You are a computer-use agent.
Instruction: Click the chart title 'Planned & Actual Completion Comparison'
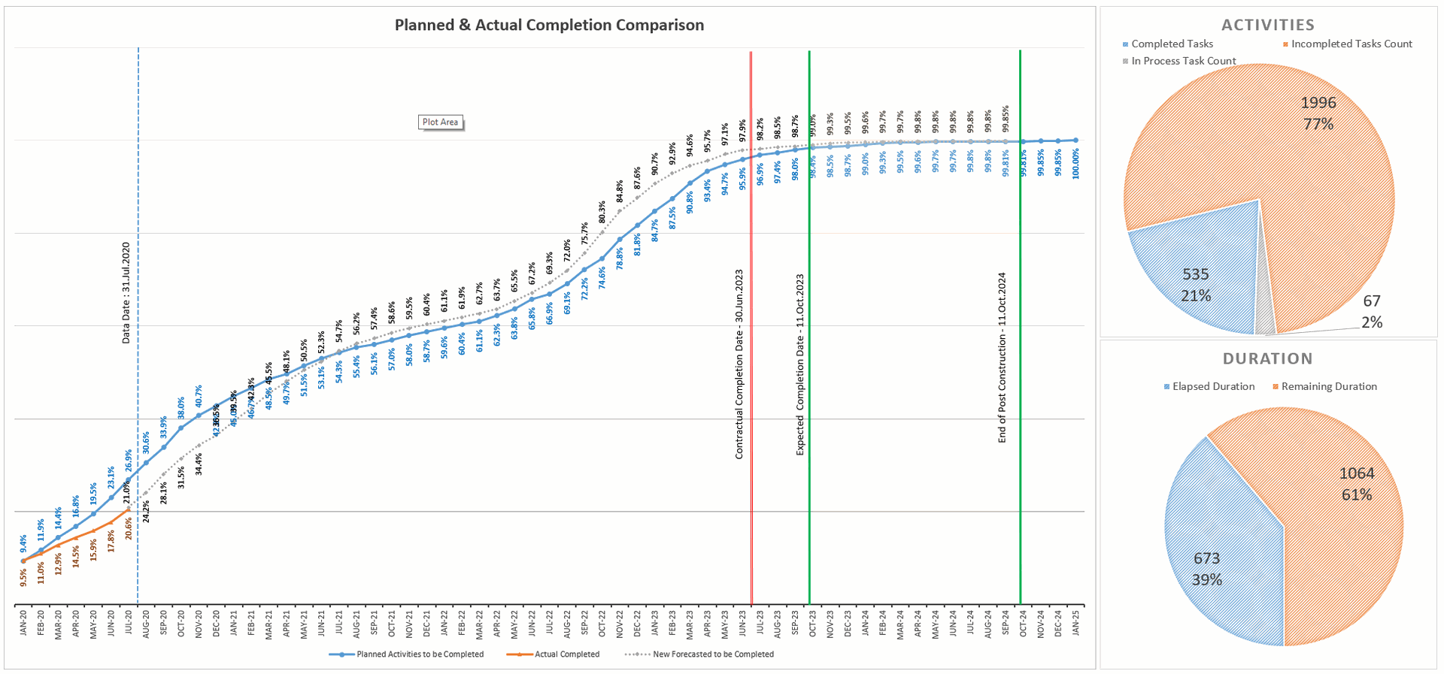[549, 25]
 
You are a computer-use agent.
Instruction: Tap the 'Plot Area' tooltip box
[440, 122]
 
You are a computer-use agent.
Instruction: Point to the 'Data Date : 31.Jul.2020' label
[126, 293]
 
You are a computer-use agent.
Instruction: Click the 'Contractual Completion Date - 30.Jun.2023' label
[739, 364]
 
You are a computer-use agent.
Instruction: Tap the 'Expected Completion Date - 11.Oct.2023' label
[800, 364]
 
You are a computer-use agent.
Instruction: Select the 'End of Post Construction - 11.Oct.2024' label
[1002, 358]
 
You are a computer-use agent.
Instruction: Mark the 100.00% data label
[1076, 163]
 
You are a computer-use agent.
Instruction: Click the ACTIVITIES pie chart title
[1267, 25]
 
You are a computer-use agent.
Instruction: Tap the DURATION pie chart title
[1267, 358]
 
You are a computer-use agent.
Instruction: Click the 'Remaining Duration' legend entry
[1328, 386]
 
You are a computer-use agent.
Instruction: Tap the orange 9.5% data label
[23, 577]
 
